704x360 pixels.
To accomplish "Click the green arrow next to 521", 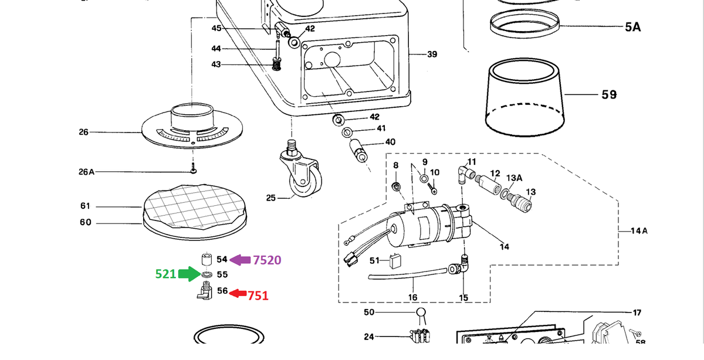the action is tap(189, 274).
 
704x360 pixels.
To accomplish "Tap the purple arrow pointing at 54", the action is tap(240, 260).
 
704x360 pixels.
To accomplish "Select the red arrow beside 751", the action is tap(238, 293).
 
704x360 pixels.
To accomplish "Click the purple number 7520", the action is tap(267, 260).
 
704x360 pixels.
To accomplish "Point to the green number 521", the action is tap(165, 274).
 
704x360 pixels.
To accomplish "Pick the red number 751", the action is tap(258, 296).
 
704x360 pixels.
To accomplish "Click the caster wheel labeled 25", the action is tap(301, 169).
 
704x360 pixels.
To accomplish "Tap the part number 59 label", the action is tap(609, 94).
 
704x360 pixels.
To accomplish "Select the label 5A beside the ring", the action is tap(632, 27).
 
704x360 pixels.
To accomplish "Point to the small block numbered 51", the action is tap(395, 261).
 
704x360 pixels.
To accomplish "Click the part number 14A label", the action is tap(639, 231).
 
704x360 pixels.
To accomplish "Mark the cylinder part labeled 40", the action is tap(360, 151).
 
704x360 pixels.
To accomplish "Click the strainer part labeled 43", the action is tap(276, 64).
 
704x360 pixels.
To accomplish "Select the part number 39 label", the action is tap(432, 55).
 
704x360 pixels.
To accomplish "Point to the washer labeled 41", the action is tap(347, 132).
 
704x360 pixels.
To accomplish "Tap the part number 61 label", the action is tap(85, 206).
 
